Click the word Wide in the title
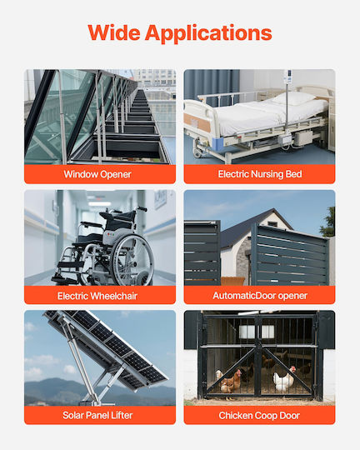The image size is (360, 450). pyautogui.click(x=114, y=32)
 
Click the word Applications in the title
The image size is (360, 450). pyautogui.click(x=208, y=33)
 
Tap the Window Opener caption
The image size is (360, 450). pyautogui.click(x=97, y=174)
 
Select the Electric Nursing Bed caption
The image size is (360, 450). pyautogui.click(x=260, y=174)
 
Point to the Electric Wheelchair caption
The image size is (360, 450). pyautogui.click(x=97, y=296)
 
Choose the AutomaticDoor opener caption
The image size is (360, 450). pyautogui.click(x=260, y=296)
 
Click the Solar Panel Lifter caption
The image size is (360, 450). pyautogui.click(x=97, y=415)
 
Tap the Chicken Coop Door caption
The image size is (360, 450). pyautogui.click(x=259, y=416)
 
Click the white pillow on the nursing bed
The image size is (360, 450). pyautogui.click(x=292, y=97)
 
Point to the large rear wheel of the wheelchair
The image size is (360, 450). pyautogui.click(x=132, y=260)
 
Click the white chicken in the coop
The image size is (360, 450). pyautogui.click(x=283, y=380)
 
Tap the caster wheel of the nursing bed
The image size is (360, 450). pyautogui.click(x=197, y=151)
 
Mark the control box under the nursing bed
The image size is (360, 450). pyautogui.click(x=303, y=137)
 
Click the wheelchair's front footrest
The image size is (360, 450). pyautogui.click(x=62, y=279)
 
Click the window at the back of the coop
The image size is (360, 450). pyautogui.click(x=257, y=332)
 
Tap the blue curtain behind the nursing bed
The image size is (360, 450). pyautogui.click(x=212, y=86)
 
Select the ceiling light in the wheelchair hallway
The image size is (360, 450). pyautogui.click(x=100, y=204)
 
